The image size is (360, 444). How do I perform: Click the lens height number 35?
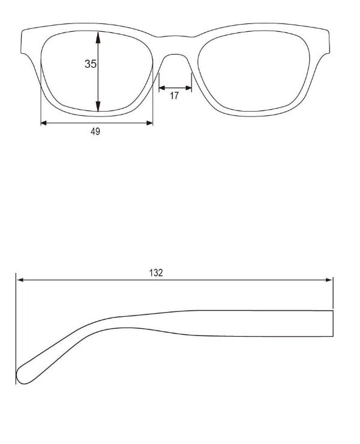pyautogui.click(x=91, y=64)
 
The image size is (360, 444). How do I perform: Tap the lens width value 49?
pyautogui.click(x=95, y=132)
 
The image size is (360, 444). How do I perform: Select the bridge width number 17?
pyautogui.click(x=174, y=95)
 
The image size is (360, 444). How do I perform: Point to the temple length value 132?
pyautogui.click(x=156, y=272)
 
